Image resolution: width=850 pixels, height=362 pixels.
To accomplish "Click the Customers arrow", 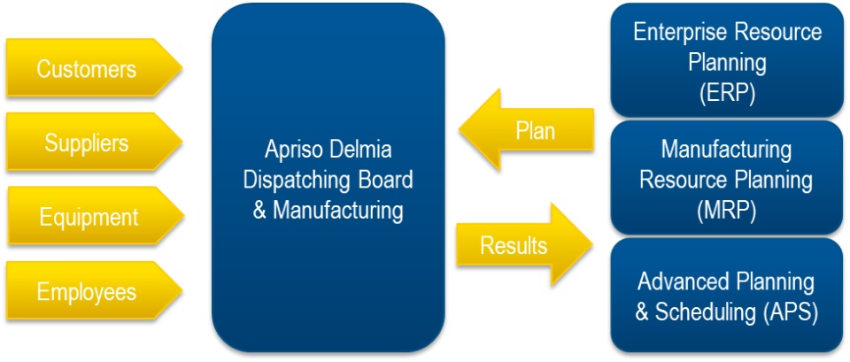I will [87, 69].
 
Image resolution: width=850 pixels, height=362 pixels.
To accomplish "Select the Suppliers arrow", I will [87, 142].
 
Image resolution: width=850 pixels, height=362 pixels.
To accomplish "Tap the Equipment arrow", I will [87, 217].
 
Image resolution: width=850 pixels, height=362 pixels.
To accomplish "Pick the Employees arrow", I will [87, 291].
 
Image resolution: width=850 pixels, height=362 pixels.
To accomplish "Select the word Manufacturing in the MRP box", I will [726, 149].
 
